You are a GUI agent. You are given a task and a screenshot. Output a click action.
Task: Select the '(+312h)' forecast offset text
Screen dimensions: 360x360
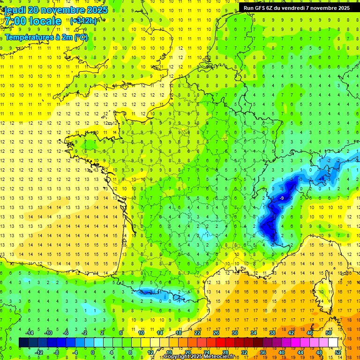[83, 21]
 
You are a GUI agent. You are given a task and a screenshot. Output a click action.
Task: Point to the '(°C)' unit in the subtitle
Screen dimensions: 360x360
[81, 37]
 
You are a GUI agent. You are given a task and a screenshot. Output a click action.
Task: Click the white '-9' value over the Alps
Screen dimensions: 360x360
[281, 199]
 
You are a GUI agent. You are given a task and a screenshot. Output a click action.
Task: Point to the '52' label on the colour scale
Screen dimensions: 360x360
[338, 352]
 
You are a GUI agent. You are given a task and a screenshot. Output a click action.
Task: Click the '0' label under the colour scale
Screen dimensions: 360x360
[93, 352]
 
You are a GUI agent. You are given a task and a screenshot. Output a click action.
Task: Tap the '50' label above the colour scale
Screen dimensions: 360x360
[329, 333]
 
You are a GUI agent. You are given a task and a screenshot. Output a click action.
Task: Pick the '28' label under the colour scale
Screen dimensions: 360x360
[225, 352]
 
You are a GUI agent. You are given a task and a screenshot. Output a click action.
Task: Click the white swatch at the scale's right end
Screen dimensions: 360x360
[333, 343]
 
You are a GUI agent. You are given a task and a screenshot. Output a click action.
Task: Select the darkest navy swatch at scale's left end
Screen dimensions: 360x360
[23, 343]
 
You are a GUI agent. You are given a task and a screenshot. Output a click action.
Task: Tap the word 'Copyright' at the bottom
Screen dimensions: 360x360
[177, 357]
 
